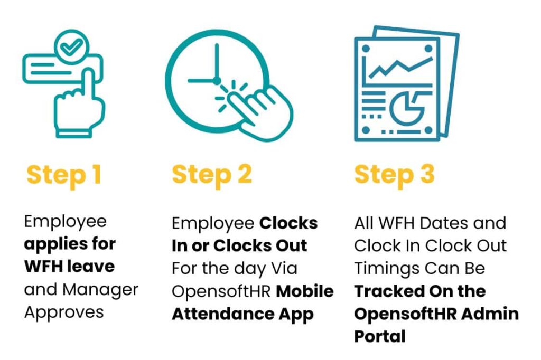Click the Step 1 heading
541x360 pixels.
pyautogui.click(x=64, y=176)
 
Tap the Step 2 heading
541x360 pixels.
pyautogui.click(x=212, y=176)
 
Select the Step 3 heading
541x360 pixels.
pyautogui.click(x=394, y=176)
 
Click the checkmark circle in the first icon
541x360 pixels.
pyautogui.click(x=72, y=47)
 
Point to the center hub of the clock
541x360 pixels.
pyautogui.click(x=217, y=81)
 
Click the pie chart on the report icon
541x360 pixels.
pyautogui.click(x=408, y=108)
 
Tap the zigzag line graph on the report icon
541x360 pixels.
pyautogui.click(x=400, y=67)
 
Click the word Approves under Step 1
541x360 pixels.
pyautogui.click(x=64, y=313)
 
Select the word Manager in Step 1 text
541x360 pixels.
pyautogui.click(x=100, y=290)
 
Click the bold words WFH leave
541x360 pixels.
pyautogui.click(x=69, y=267)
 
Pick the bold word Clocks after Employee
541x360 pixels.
pyautogui.click(x=288, y=223)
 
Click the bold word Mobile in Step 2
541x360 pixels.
pyautogui.click(x=305, y=291)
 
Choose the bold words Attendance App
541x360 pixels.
pyautogui.click(x=242, y=315)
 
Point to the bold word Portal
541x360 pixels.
pyautogui.click(x=380, y=336)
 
